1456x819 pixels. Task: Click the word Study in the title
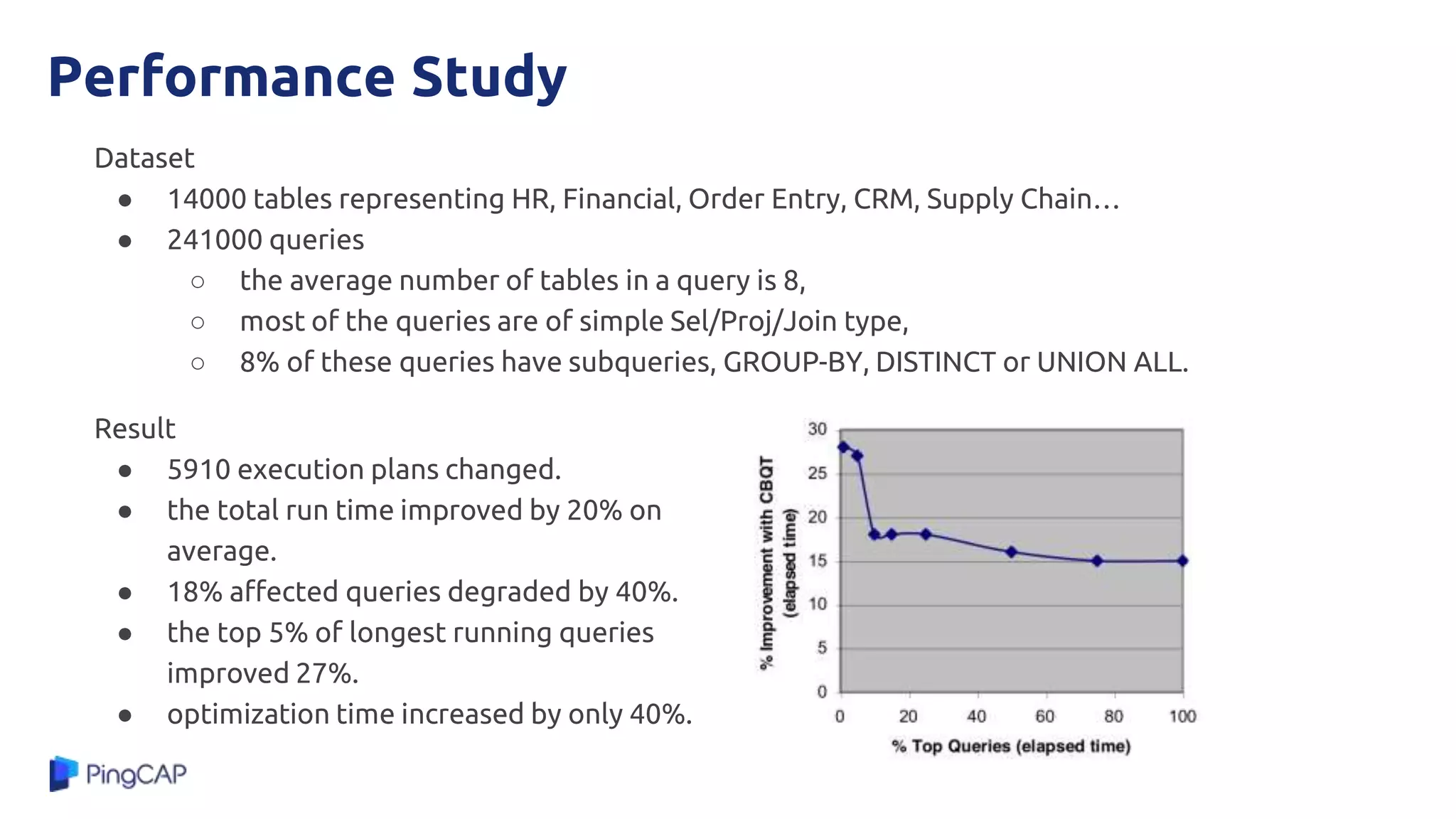point(488,77)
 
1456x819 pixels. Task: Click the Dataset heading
point(144,158)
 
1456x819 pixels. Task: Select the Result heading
point(134,429)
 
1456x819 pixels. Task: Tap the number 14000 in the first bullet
point(207,199)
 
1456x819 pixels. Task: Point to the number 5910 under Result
point(198,470)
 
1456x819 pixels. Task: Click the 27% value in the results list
point(326,673)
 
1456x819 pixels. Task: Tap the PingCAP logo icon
point(63,773)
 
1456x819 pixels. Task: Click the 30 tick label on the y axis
point(818,429)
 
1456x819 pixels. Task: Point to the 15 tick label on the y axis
point(818,561)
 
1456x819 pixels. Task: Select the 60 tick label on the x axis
point(1044,717)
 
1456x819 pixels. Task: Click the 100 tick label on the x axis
point(1182,717)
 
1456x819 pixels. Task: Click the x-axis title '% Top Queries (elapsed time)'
point(1011,746)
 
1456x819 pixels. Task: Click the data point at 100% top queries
point(1182,561)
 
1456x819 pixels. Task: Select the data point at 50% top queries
point(1011,552)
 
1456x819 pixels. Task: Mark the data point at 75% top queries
point(1097,561)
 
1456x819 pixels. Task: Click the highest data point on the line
point(843,447)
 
